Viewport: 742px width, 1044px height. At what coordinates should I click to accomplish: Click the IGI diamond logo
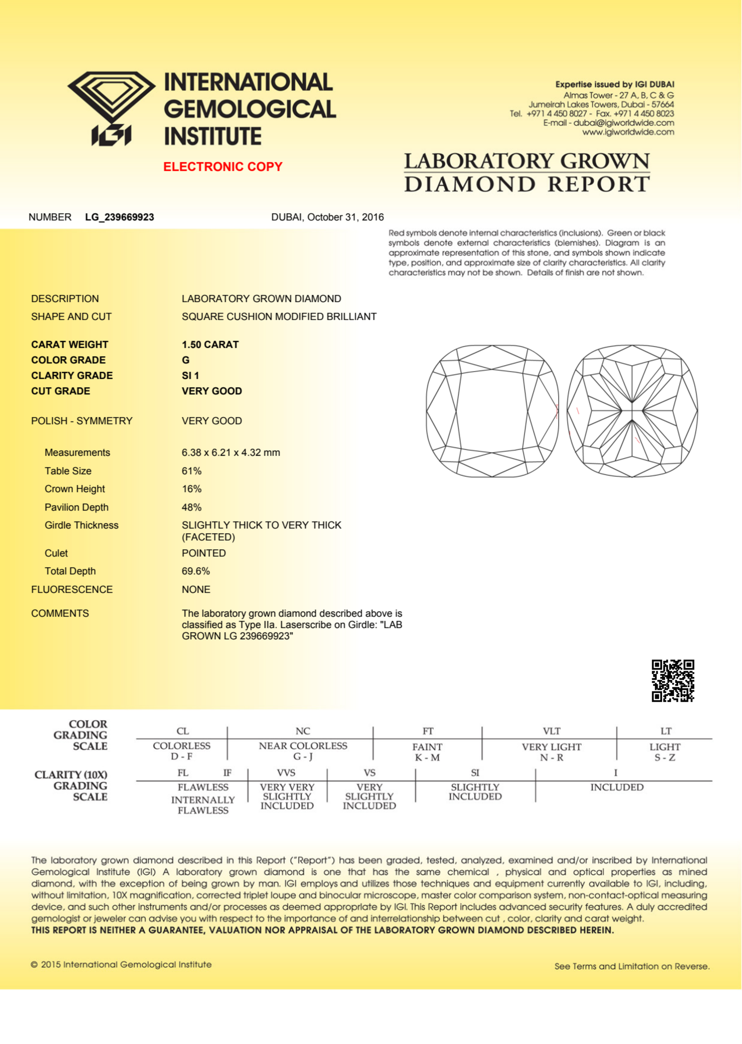click(111, 108)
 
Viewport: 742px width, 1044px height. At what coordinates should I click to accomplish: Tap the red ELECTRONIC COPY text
click(222, 167)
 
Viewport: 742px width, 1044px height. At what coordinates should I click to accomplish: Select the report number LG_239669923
click(119, 217)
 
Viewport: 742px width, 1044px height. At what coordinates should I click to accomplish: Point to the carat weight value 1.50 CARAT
click(210, 345)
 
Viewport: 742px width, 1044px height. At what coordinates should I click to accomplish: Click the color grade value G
click(185, 360)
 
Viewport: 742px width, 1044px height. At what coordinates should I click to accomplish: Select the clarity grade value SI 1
click(190, 376)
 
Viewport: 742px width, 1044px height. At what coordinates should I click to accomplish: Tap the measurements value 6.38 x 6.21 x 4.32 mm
click(231, 452)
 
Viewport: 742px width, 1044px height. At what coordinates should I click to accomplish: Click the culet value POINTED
click(204, 553)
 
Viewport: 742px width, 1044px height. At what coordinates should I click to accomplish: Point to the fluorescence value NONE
click(196, 589)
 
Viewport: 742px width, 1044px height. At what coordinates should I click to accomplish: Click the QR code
click(673, 680)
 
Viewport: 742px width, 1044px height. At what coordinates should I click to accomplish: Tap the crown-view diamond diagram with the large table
click(492, 411)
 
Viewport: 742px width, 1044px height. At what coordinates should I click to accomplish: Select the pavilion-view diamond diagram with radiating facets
click(632, 411)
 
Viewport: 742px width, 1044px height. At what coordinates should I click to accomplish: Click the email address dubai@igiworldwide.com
click(624, 123)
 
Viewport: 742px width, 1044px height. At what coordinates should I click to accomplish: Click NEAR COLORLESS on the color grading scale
click(303, 745)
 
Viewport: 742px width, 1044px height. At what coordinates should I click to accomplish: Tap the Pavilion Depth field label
click(76, 507)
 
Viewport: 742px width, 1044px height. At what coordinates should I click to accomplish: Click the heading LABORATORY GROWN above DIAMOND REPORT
click(527, 161)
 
